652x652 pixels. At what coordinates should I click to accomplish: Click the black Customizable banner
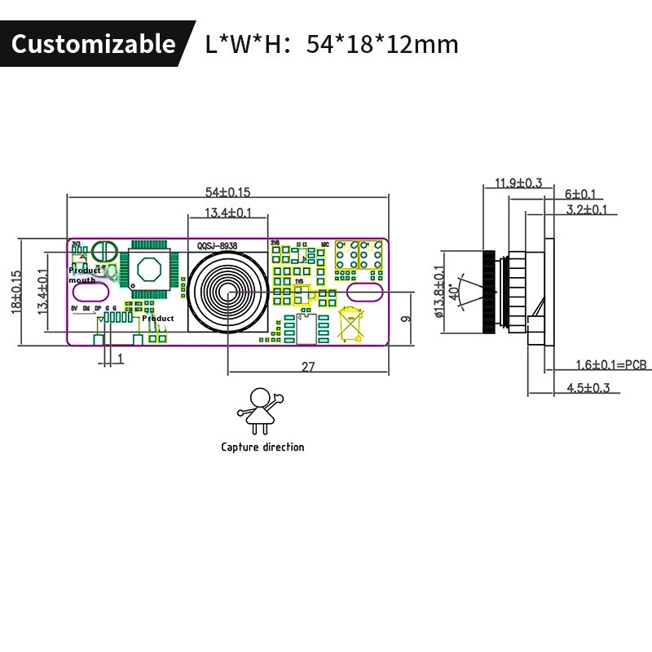pyautogui.click(x=93, y=43)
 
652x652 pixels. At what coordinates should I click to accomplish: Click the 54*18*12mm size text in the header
pyautogui.click(x=382, y=44)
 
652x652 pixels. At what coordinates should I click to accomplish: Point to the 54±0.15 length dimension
pyautogui.click(x=227, y=192)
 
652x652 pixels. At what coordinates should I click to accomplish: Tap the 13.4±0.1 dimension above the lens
pyautogui.click(x=227, y=213)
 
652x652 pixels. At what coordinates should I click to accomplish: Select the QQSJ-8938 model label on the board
pyautogui.click(x=218, y=244)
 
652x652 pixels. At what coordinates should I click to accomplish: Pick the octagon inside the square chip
pyautogui.click(x=148, y=269)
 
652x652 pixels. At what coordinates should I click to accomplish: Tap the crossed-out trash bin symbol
pyautogui.click(x=350, y=323)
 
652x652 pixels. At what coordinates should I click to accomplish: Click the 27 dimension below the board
pyautogui.click(x=308, y=368)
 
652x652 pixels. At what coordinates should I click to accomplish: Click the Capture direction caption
pyautogui.click(x=262, y=447)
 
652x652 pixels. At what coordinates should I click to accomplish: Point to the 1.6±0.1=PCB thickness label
pyautogui.click(x=606, y=364)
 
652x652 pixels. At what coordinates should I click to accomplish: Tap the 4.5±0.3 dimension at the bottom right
pyautogui.click(x=588, y=388)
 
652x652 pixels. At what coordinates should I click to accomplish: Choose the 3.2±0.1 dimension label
pyautogui.click(x=587, y=209)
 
